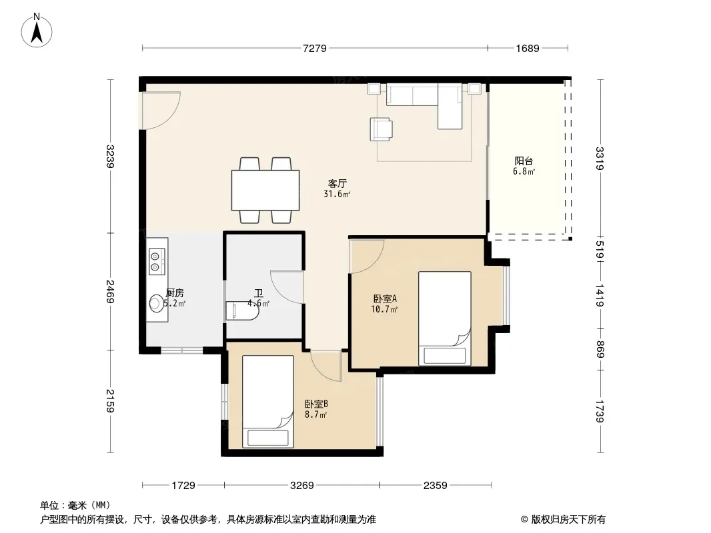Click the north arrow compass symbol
37,31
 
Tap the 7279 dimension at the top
315,48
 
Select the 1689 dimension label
528,48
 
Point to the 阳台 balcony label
524,161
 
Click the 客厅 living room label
337,183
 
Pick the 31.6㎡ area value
337,195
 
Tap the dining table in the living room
265,190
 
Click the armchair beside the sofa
381,129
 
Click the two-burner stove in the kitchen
157,262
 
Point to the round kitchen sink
157,303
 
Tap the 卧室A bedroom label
385,299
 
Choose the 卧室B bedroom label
316,404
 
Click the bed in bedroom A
445,318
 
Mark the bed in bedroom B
268,402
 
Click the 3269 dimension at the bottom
302,486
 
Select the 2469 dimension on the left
110,292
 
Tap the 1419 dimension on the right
600,295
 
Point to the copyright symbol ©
524,520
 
